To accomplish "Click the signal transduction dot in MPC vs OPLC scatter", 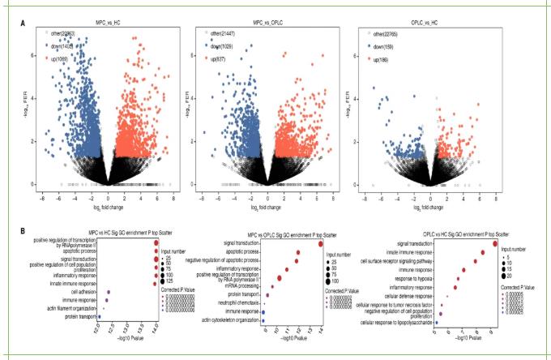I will (321, 243).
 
